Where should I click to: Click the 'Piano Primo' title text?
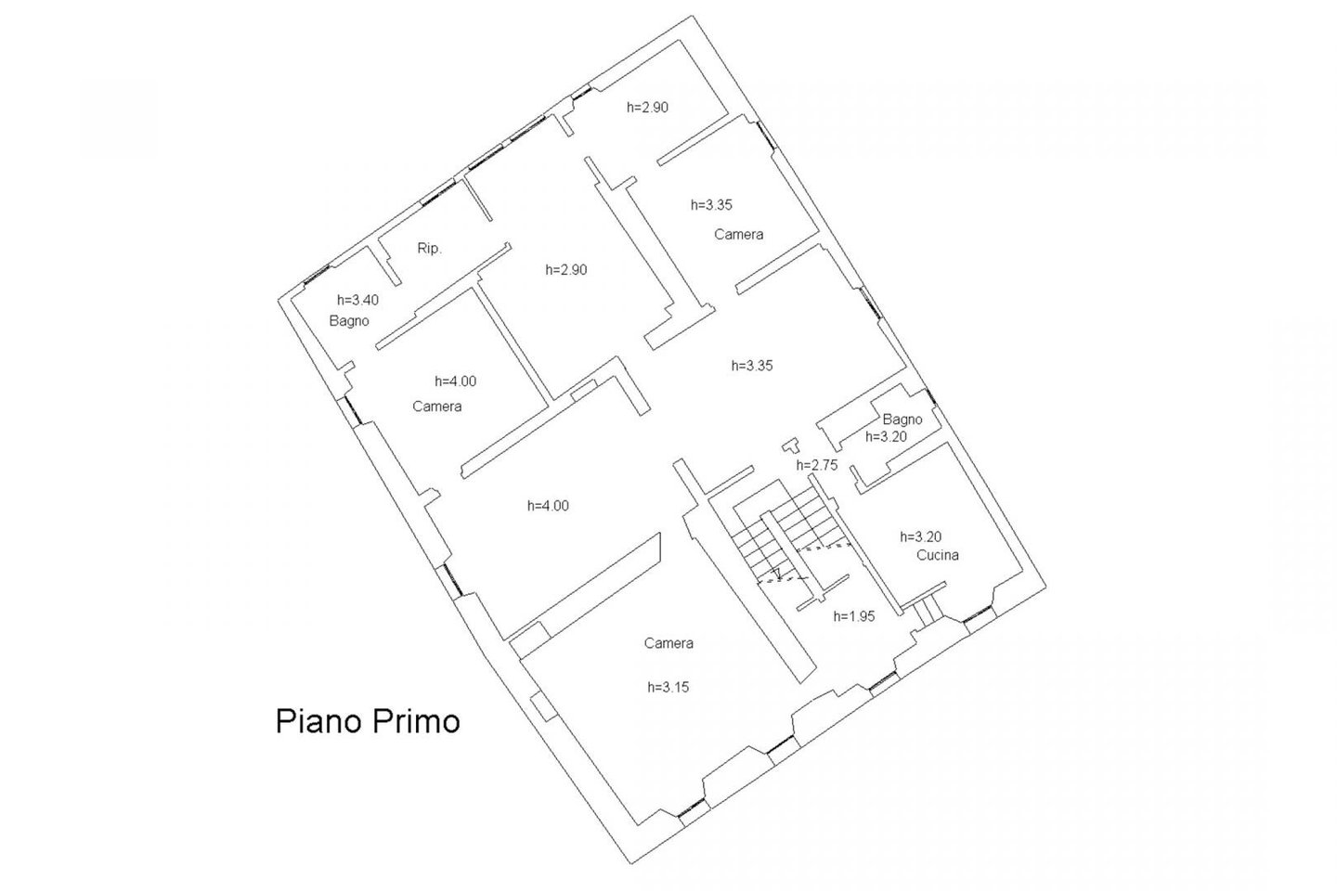[368, 721]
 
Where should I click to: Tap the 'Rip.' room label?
[429, 248]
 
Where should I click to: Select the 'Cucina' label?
[938, 555]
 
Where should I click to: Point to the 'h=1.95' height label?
[854, 616]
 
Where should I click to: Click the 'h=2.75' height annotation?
[817, 465]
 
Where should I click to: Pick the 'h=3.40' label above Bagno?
[357, 300]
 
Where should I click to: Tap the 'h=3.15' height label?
[668, 687]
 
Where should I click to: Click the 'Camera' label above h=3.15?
[668, 643]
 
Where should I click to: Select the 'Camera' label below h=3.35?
[739, 235]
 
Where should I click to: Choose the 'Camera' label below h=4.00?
[437, 407]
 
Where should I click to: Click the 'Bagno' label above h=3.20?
[902, 420]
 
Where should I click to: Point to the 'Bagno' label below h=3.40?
[349, 321]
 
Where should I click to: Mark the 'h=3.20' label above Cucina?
[921, 536]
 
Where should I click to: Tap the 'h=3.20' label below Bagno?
[887, 436]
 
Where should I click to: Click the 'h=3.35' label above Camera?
[711, 205]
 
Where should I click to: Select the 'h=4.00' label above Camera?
[455, 381]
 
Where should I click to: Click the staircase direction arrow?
[777, 575]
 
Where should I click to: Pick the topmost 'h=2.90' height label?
[648, 108]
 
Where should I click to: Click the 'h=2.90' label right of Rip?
[566, 270]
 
